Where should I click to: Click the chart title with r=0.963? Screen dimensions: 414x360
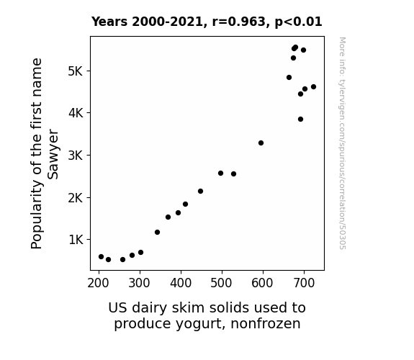coord(207,22)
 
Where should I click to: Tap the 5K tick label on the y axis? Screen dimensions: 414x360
coord(76,71)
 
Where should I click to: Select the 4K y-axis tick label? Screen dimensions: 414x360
coord(76,113)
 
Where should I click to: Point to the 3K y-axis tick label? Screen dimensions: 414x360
coord(76,156)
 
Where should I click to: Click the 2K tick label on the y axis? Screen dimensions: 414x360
coord(76,197)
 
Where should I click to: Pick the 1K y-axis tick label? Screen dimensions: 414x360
coord(76,240)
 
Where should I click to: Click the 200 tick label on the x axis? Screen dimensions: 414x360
coord(98,283)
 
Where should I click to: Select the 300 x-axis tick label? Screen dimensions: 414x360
coord(140,283)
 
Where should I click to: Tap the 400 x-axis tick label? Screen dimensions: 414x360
coord(181,283)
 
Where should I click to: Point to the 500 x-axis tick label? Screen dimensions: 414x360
coord(221,283)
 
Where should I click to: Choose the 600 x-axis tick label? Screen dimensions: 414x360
coord(263,283)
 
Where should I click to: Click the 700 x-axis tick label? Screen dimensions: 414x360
coord(304,283)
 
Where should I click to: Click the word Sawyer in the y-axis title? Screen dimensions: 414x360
coord(53,154)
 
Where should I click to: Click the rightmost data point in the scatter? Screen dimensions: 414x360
coord(313,86)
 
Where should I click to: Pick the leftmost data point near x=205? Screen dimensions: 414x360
coord(101,256)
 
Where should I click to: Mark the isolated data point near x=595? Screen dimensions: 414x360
coord(261,143)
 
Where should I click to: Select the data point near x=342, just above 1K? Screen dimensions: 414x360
coord(157,232)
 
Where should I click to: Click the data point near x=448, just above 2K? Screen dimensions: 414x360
coord(200,191)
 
